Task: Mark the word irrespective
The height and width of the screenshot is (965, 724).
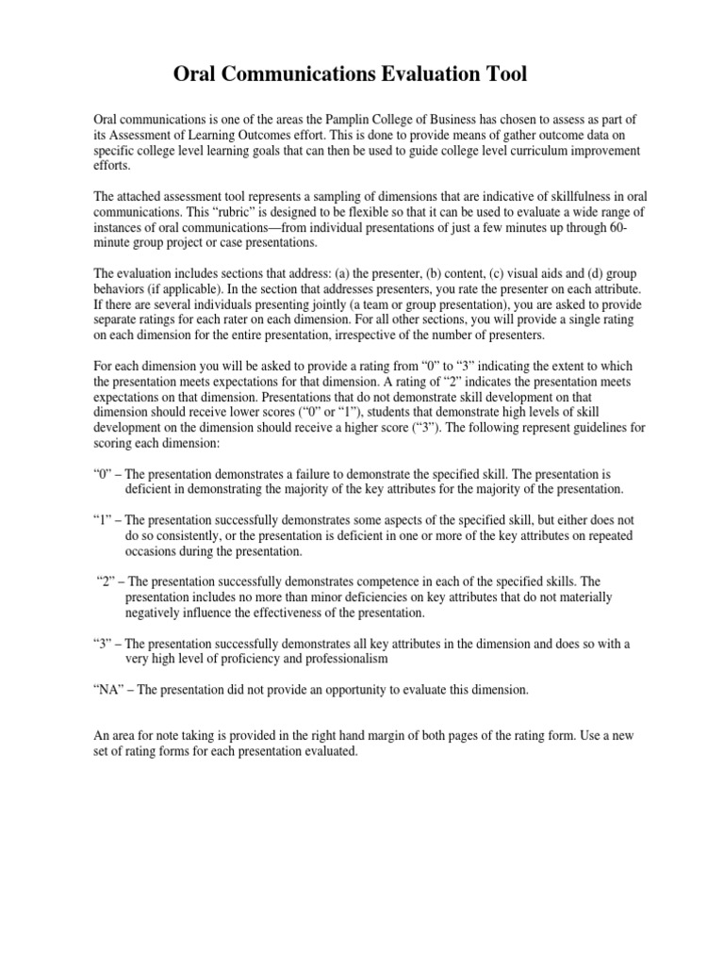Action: click(376, 335)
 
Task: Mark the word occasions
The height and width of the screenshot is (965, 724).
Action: click(156, 551)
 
